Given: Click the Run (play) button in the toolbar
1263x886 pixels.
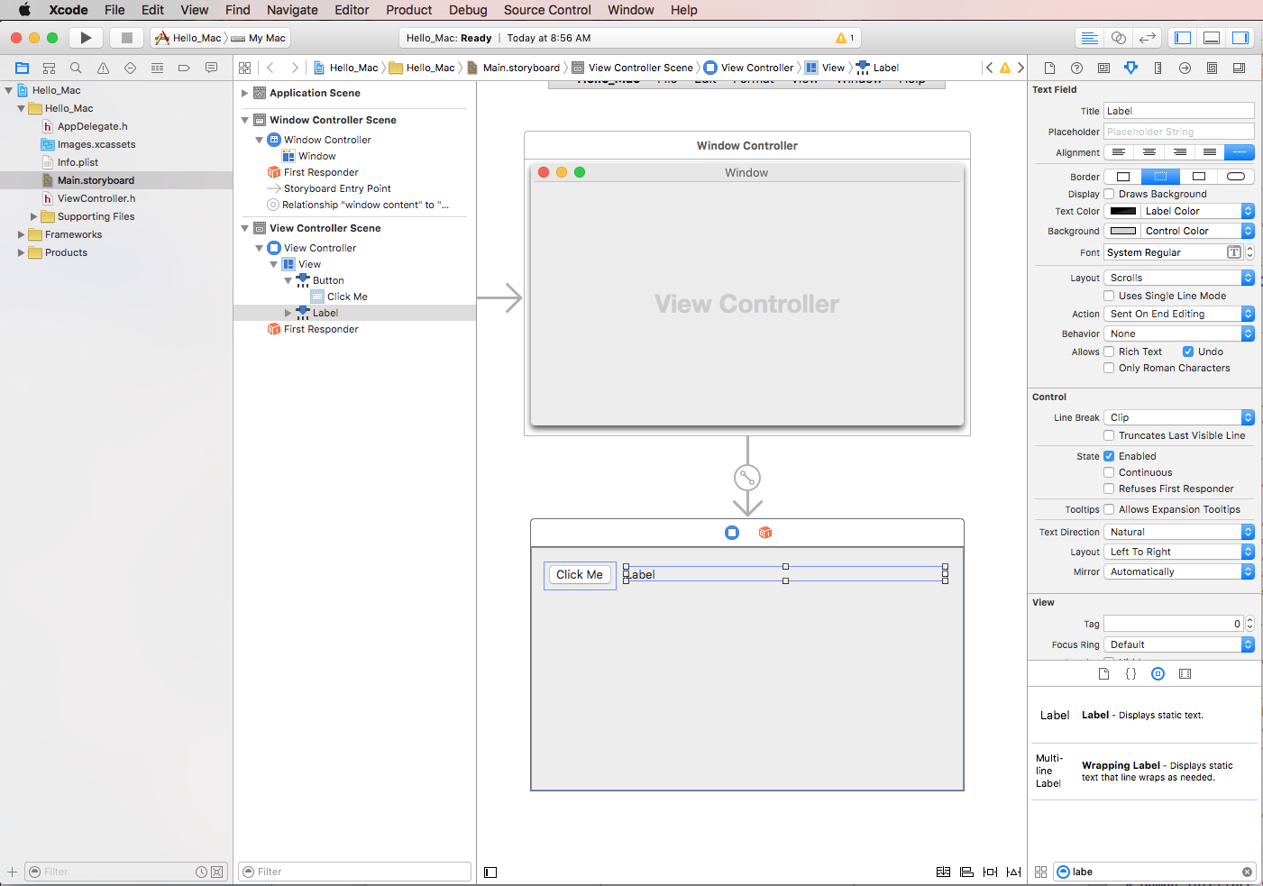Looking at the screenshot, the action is (86, 38).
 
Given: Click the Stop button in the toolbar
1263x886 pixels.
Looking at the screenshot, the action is (127, 38).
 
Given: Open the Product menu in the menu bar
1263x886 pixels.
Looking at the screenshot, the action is (408, 10).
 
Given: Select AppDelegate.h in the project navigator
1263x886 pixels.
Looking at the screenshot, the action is (93, 126).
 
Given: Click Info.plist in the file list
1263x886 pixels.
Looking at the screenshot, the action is (78, 162).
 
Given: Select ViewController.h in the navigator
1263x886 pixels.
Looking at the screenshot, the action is (96, 198).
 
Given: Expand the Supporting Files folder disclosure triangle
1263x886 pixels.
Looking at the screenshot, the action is (33, 216).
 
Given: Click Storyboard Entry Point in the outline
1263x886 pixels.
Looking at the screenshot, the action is (337, 188).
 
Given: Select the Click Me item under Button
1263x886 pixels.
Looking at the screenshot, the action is (347, 297).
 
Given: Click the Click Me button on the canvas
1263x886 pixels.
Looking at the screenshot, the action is (579, 574).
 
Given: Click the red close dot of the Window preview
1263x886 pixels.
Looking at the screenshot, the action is (544, 172).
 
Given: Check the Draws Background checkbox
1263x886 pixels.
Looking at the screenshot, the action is (1109, 194).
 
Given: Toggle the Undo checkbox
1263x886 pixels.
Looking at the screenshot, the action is (1188, 352).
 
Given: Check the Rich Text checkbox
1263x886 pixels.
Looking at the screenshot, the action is (1109, 352).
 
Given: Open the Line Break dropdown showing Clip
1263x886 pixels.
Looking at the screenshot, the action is (1178, 417).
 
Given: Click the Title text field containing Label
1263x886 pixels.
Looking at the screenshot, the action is (1178, 111).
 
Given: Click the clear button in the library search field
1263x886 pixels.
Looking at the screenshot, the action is (1247, 872).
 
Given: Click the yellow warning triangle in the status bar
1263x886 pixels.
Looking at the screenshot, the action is (841, 38).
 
